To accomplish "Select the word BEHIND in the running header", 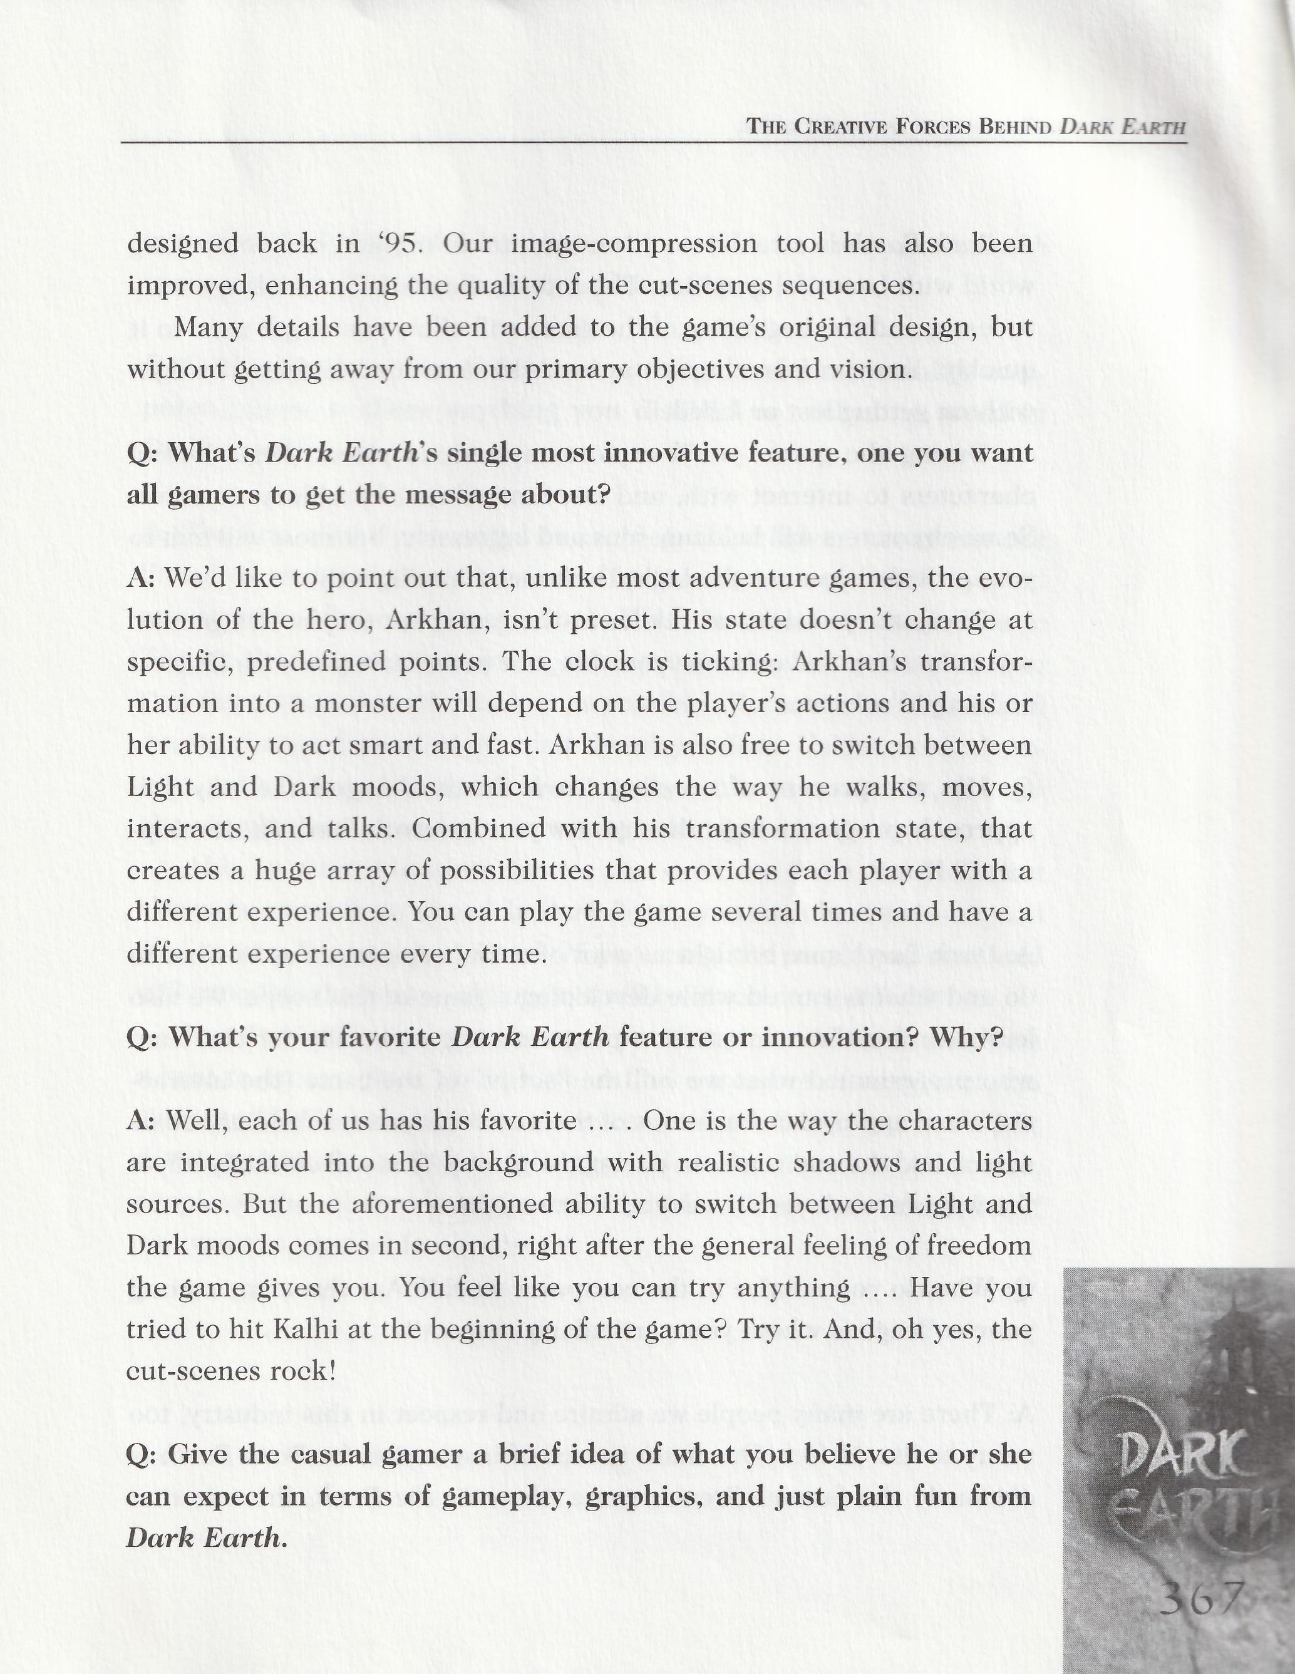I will click(x=1015, y=127).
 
